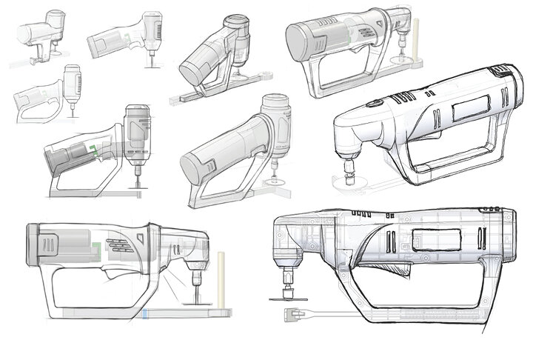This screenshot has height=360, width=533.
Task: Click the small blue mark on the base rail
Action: click(147, 314)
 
